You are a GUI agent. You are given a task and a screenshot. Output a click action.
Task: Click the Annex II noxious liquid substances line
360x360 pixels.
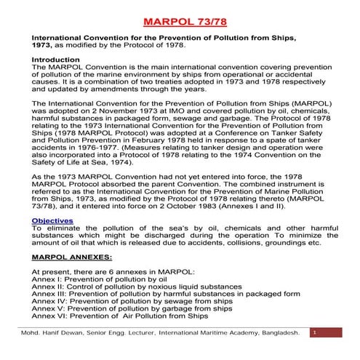coord(122,287)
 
